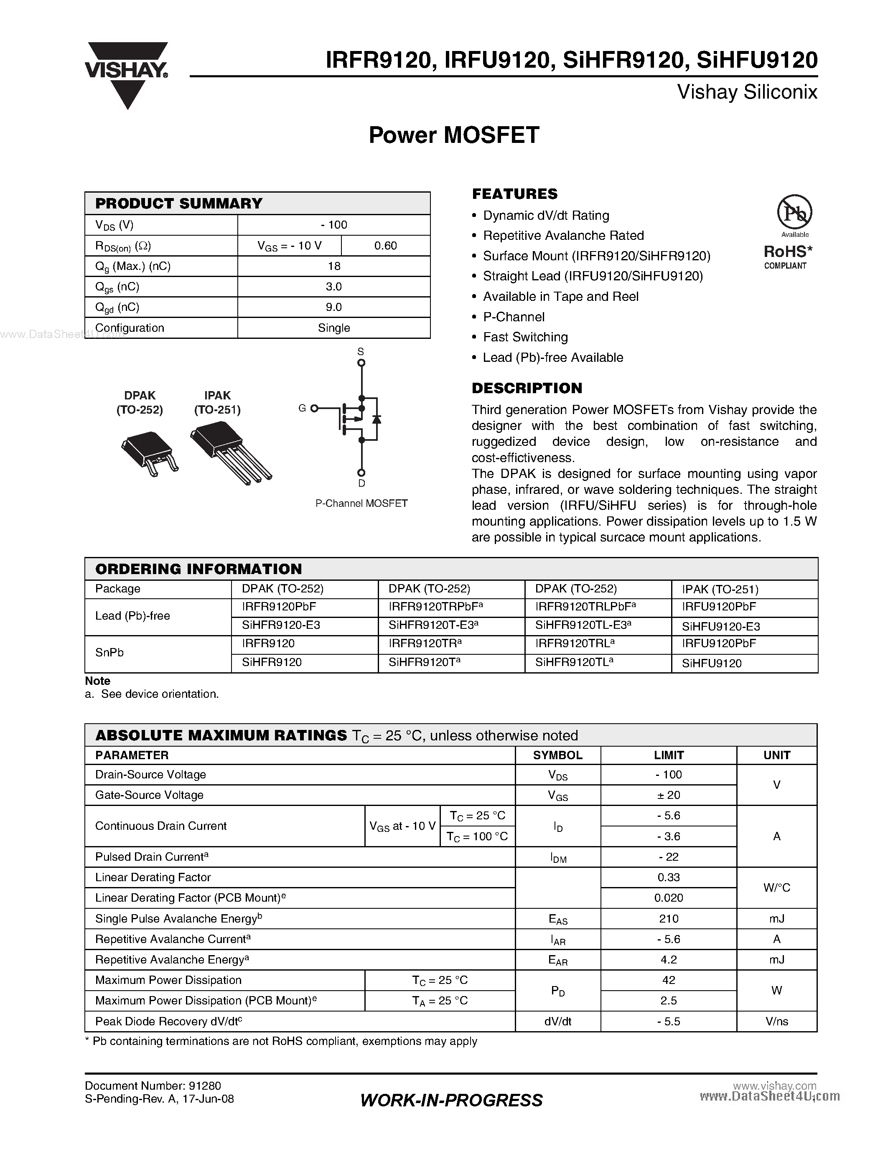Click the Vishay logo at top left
126,74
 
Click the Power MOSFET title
453,135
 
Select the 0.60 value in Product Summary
385,246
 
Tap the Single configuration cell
333,328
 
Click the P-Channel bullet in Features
514,317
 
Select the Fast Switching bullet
525,337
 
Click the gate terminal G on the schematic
314,408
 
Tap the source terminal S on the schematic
361,363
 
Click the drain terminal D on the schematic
361,473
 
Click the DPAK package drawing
148,452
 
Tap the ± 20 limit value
668,795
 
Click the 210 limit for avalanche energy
668,918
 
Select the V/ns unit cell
776,1022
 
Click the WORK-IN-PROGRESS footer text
451,1101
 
